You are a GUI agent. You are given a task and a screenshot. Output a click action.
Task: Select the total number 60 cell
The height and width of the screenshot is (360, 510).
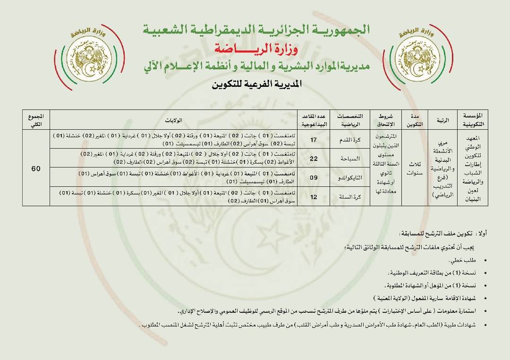point(36,168)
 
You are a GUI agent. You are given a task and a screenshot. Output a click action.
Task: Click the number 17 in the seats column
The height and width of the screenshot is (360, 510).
point(313,140)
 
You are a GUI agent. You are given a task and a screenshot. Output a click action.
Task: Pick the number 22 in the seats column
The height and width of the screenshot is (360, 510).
point(313,159)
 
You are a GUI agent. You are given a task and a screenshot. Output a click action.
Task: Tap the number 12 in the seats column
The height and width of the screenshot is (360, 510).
point(313,197)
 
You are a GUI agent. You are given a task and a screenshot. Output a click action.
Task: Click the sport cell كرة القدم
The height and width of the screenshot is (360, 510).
point(353,140)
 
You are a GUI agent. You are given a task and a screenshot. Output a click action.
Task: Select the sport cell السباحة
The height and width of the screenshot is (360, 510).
point(353,159)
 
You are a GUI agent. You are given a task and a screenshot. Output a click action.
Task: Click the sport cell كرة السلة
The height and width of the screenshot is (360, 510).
point(353,197)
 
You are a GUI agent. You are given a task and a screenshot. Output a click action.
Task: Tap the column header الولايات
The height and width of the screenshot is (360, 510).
point(174,120)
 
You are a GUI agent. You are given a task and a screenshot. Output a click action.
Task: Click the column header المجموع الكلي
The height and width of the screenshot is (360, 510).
point(36,120)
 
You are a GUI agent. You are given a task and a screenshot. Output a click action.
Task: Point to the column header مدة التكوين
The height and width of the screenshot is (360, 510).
point(415,120)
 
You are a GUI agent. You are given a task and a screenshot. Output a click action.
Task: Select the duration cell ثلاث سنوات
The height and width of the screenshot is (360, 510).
point(415,168)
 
